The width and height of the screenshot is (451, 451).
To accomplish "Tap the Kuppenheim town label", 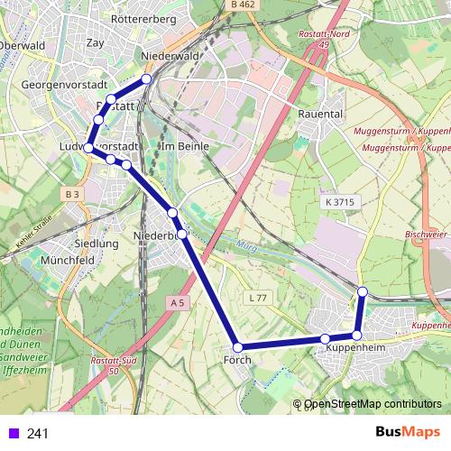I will click(355, 347).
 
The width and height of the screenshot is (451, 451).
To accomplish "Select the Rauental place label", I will click(320, 115).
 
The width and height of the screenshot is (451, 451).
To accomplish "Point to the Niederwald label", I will click(170, 56).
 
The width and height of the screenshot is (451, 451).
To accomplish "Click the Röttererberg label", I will click(142, 18).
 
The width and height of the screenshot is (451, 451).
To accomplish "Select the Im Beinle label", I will click(184, 146).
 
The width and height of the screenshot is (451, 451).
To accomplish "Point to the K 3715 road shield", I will click(337, 203).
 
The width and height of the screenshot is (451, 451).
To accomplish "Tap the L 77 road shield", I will click(258, 297).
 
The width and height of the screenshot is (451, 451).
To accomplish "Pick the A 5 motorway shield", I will click(178, 305).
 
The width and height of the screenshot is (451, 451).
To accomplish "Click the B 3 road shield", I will click(73, 194).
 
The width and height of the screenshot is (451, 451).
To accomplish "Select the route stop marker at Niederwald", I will click(146, 78).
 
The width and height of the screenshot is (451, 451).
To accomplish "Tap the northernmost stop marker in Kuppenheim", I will click(362, 291).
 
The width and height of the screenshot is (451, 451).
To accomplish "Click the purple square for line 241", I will click(14, 433).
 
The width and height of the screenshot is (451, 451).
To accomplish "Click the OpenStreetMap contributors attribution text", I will click(373, 404).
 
